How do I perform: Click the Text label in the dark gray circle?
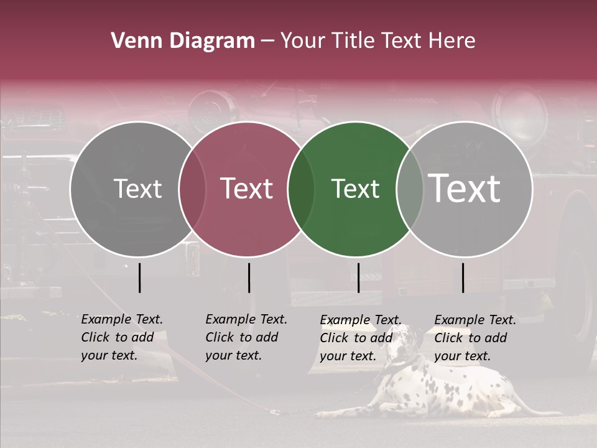point(138,189)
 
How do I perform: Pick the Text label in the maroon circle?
point(246,189)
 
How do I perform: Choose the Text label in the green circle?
point(355,189)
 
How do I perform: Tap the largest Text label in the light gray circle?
point(464,189)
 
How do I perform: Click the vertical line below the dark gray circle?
point(140,278)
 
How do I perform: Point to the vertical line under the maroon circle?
point(249,278)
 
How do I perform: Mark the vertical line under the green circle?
point(358,278)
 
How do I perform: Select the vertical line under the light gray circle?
point(463,278)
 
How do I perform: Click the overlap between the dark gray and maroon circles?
point(192,189)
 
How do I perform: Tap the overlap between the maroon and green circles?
point(301,189)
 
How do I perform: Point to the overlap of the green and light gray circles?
point(410,189)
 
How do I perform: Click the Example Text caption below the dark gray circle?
point(122,337)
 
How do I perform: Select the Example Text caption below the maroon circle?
point(246,337)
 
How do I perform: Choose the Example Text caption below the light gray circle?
point(475,338)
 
